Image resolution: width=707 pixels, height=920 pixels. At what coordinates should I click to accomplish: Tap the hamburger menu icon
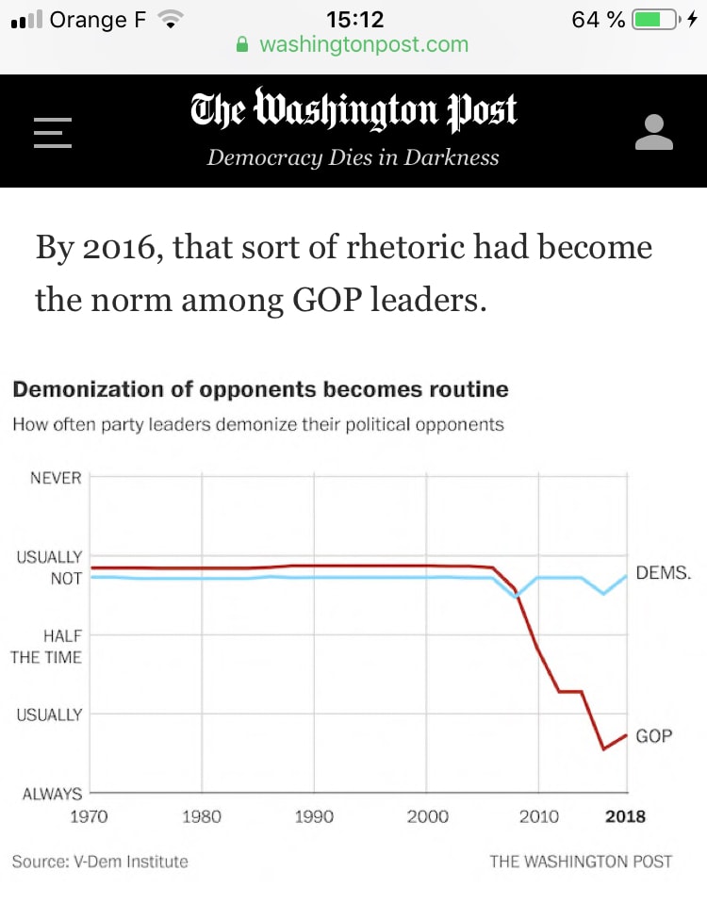[x=53, y=132]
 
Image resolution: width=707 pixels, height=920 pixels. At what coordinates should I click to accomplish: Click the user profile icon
[x=654, y=132]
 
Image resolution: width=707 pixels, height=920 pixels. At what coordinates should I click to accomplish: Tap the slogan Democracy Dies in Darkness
[x=353, y=157]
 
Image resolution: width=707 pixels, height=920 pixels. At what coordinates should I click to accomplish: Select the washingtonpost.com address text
[x=363, y=44]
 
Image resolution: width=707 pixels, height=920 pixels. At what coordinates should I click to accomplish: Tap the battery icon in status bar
[x=654, y=19]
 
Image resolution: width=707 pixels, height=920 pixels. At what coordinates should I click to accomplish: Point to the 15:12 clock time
[x=353, y=19]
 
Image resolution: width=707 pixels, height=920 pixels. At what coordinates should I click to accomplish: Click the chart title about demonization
[x=260, y=389]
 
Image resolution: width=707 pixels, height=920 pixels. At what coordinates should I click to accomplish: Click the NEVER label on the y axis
[x=57, y=478]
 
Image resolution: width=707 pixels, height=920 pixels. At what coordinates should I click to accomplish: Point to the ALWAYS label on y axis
[x=53, y=795]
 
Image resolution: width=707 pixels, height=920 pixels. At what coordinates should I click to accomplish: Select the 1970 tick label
[x=90, y=816]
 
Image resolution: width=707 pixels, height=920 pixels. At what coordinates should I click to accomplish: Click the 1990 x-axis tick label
[x=314, y=816]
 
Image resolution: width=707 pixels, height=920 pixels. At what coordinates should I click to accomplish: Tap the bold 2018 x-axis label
[x=626, y=816]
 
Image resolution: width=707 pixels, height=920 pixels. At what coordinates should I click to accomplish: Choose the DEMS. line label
[x=664, y=572]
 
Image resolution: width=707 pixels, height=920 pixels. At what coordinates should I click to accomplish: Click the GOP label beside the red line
[x=654, y=735]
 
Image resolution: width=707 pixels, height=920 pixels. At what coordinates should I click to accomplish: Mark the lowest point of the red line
[x=603, y=749]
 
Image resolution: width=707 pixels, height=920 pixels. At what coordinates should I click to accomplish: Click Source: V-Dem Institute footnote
[x=100, y=861]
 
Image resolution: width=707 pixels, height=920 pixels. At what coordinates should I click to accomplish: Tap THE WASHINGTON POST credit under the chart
[x=581, y=861]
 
